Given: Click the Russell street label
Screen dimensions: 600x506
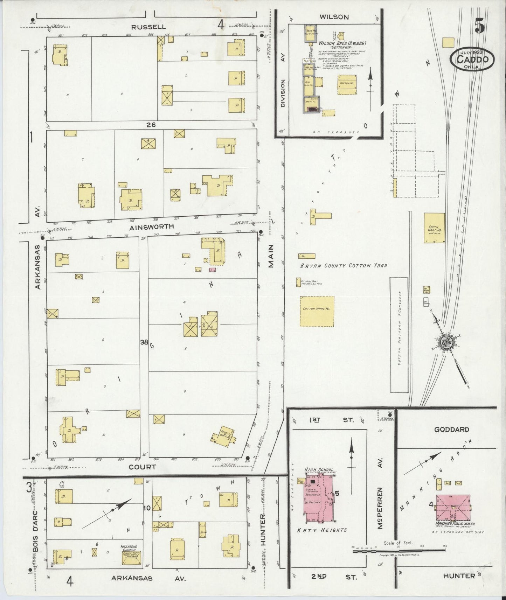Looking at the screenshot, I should tap(147, 27).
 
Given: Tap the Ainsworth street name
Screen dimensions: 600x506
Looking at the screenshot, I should tap(152, 227).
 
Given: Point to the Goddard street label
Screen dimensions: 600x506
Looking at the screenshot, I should tap(451, 430).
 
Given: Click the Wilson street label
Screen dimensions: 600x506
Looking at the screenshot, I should tap(334, 17).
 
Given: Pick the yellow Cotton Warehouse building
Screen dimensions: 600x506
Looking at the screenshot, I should tap(317, 311).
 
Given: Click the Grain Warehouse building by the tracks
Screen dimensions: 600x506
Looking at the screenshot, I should tap(434, 228).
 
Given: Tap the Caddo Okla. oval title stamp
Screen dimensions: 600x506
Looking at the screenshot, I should tap(472, 59).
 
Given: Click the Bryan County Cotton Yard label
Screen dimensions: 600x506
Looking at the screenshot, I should tap(343, 266).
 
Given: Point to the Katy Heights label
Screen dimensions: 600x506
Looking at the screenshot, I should tap(322, 530).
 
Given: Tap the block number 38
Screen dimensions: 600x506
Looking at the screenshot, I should tap(144, 342).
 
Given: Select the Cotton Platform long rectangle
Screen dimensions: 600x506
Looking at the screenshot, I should tap(399, 335).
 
